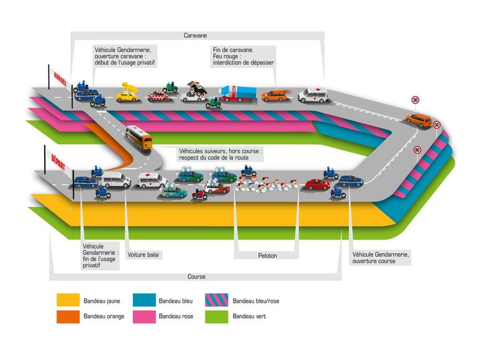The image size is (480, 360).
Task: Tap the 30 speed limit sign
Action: click(x=415, y=100)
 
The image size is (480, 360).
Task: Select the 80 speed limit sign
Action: click(x=417, y=150)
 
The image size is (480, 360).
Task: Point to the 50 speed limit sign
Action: click(x=437, y=125)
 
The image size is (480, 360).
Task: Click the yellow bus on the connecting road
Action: click(x=138, y=137)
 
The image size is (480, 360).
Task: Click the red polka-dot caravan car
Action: click(x=160, y=96)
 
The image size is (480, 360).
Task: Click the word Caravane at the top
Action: click(x=196, y=35)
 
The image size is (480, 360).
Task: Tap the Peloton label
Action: click(x=267, y=255)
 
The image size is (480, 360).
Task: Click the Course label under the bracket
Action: click(x=196, y=277)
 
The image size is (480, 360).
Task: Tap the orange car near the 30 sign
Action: click(x=419, y=119)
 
